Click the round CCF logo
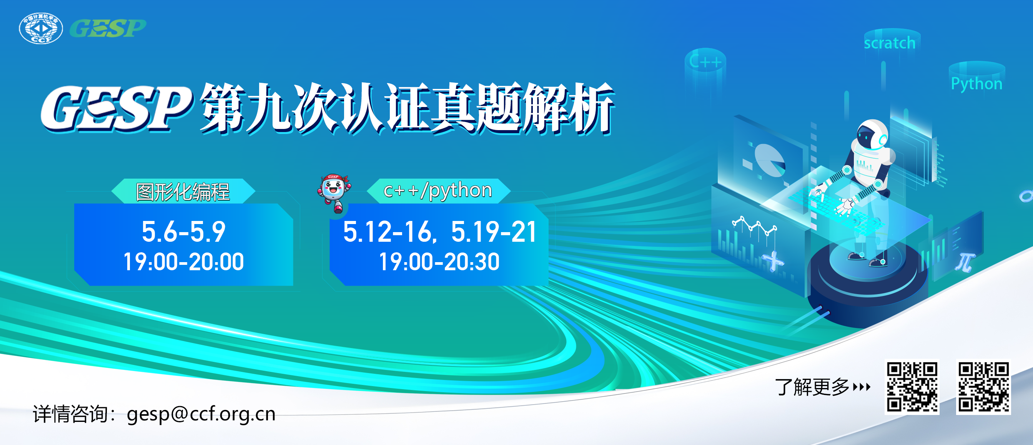[41, 28]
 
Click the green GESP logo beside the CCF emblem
[108, 28]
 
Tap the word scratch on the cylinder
[890, 43]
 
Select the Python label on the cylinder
[976, 84]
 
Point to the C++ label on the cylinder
[705, 62]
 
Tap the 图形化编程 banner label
[183, 192]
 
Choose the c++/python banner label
[437, 191]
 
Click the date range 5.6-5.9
[184, 232]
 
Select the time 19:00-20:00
[184, 262]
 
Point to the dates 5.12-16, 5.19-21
[439, 232]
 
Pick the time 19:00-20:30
[439, 262]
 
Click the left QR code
[912, 387]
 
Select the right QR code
[983, 387]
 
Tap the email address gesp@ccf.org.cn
[201, 414]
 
